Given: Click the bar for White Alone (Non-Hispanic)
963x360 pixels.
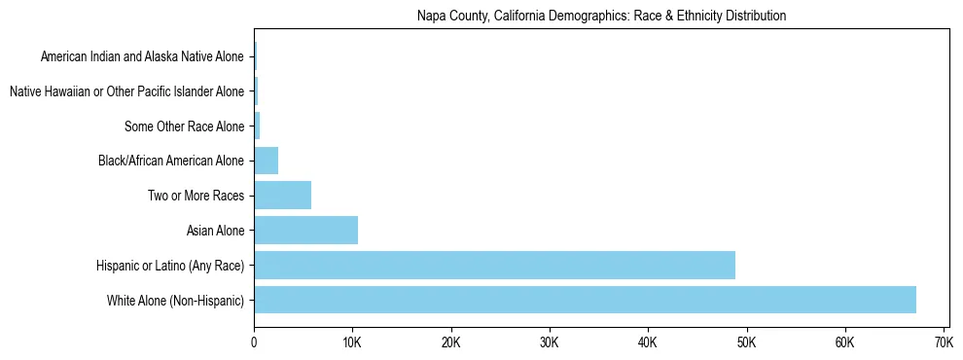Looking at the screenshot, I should coord(585,300).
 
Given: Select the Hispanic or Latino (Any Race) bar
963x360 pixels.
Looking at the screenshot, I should coord(494,266).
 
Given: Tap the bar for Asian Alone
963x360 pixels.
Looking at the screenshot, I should coord(305,231).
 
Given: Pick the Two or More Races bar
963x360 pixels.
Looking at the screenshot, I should coord(282,196).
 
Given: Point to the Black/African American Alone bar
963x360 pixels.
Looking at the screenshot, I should coord(266,161).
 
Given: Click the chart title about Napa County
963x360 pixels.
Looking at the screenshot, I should coord(601,16).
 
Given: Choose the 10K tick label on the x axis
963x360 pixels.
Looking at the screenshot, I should coord(352,342).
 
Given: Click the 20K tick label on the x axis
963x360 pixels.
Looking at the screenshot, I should coord(450,342).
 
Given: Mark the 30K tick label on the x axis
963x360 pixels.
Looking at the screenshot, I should coord(549,342).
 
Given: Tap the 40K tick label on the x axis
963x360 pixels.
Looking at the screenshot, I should coord(648,342).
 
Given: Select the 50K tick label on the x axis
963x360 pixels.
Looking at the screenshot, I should coord(746,342).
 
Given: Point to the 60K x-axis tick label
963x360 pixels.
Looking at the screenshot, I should coord(844,342).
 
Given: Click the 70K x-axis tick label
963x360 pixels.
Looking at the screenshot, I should coord(943,342).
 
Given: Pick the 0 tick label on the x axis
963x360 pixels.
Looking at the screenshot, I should coord(254,342).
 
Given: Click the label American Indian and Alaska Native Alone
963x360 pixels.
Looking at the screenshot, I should coord(143,56).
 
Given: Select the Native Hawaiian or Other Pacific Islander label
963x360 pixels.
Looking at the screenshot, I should coord(126,91).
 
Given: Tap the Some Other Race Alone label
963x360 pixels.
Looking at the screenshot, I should coord(185,126).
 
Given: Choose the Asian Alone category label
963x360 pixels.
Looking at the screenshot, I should coord(215,231).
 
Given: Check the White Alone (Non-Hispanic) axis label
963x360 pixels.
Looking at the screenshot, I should coord(176,301).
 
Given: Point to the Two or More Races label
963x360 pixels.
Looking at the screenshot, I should coord(196,196).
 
